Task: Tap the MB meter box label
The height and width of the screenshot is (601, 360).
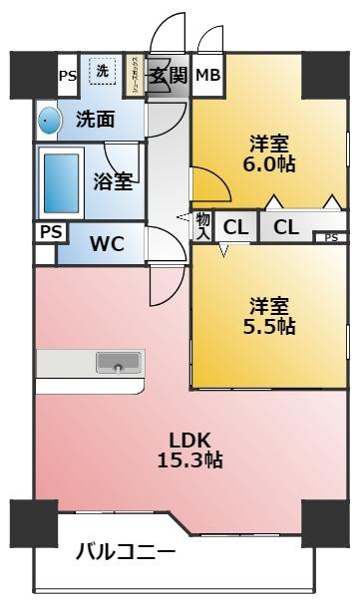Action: (x=208, y=75)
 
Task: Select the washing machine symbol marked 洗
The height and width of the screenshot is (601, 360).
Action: (x=103, y=71)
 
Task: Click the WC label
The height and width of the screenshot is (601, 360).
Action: (x=107, y=245)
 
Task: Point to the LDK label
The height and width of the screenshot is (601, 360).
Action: (x=188, y=440)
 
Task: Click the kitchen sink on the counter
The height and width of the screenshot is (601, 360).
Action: (x=118, y=363)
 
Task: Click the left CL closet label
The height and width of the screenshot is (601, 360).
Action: (x=235, y=226)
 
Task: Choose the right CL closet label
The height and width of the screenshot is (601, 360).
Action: (x=286, y=226)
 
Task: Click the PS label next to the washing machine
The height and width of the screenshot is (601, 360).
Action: (x=67, y=75)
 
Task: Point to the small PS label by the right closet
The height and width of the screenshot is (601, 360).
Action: (x=330, y=237)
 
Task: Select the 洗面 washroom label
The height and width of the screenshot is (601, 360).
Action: (x=95, y=121)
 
